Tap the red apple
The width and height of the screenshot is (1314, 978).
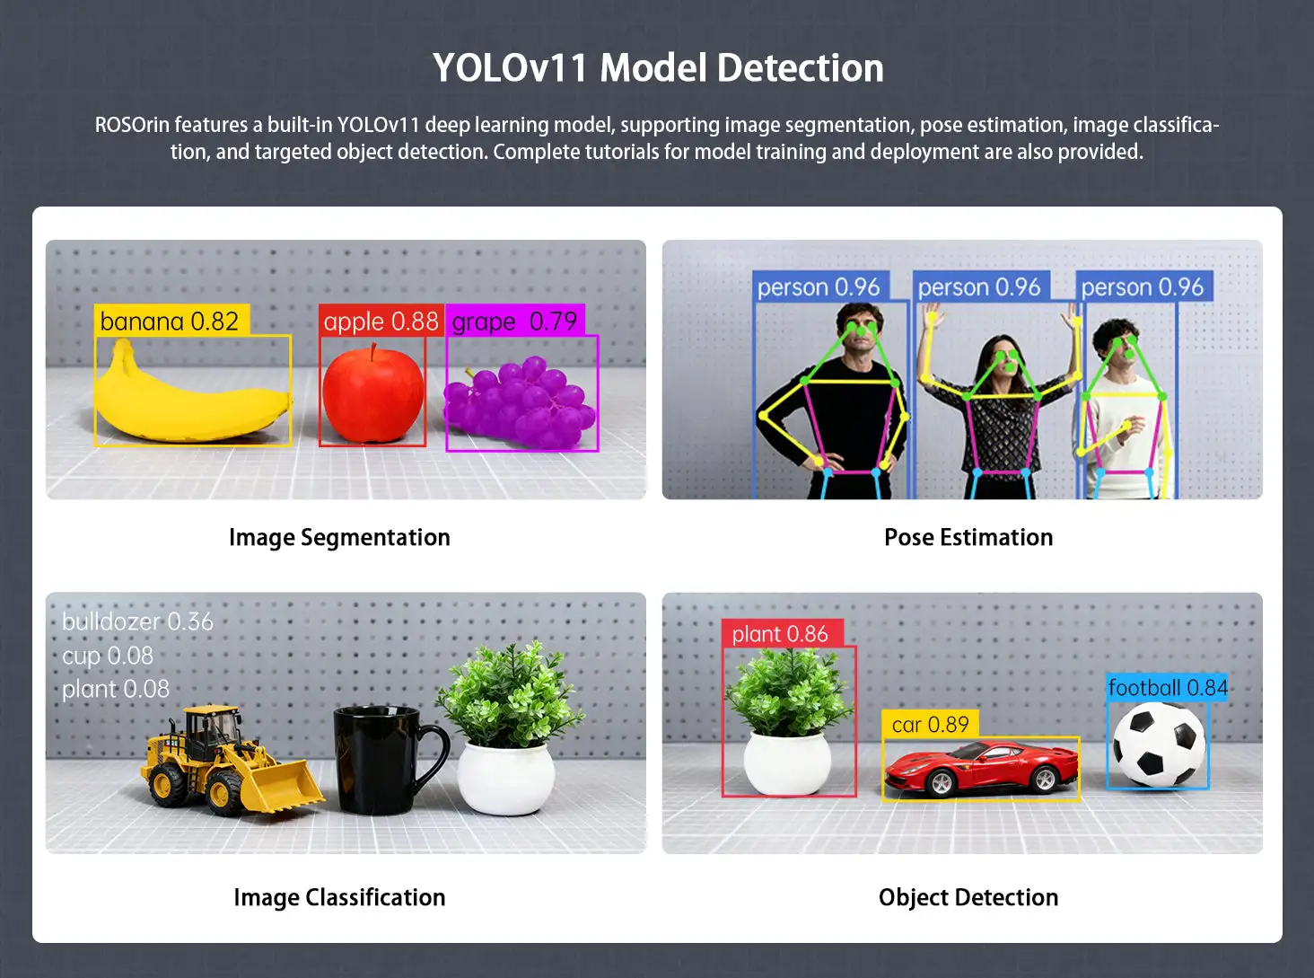(373, 393)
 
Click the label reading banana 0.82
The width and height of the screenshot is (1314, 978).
(171, 321)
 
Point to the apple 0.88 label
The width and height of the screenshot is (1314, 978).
(381, 321)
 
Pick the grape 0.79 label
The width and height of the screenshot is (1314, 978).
(515, 321)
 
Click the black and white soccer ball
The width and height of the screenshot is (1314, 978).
(1159, 745)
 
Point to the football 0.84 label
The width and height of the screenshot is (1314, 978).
(1167, 688)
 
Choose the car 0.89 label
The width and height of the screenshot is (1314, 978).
(930, 724)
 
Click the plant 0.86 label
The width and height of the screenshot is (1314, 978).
(782, 634)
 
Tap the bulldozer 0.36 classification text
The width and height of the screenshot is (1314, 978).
(137, 621)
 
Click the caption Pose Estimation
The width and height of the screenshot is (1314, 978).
(968, 537)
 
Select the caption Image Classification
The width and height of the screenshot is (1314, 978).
(339, 897)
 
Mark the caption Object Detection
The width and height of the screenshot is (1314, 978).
(968, 897)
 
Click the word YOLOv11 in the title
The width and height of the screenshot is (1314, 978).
(510, 67)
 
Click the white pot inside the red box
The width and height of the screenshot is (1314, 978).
(787, 762)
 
